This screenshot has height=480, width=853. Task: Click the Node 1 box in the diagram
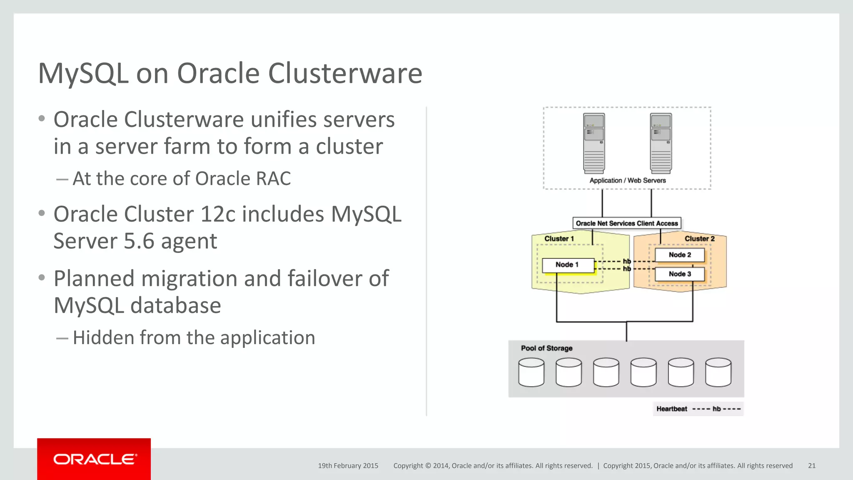568,265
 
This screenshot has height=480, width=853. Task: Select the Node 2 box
680,255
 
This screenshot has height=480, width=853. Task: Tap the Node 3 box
680,274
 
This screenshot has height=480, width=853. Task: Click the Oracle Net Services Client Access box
627,223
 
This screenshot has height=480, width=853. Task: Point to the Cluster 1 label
559,239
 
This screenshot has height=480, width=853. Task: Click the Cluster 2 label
699,239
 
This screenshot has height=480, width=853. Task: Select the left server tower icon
594,143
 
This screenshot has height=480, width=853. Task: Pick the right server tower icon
661,143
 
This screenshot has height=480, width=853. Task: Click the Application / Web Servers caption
627,180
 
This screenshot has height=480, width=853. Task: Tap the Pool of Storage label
546,348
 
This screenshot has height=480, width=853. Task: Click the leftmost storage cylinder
531,372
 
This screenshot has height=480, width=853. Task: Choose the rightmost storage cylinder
718,372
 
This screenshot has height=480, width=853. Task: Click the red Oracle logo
94,459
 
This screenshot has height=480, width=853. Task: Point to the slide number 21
811,466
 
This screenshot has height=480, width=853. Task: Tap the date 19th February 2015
348,466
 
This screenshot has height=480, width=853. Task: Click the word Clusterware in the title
345,74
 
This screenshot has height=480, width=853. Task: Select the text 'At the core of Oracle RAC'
182,179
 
